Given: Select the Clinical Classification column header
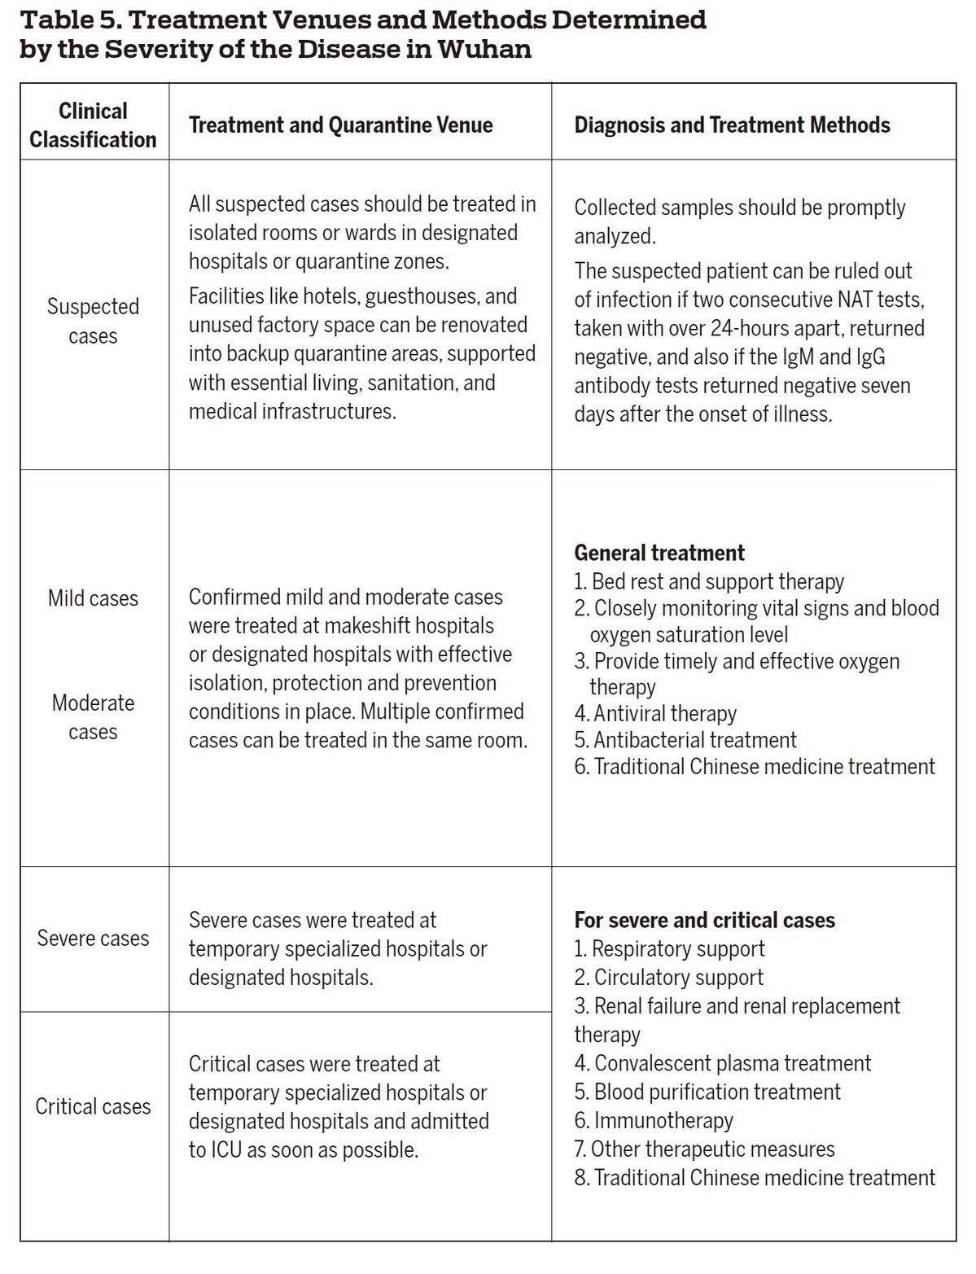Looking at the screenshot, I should [93, 125].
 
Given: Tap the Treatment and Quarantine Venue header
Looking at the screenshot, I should [340, 125].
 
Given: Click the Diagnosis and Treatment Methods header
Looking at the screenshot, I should [732, 125].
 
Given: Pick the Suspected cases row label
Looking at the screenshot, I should [93, 321].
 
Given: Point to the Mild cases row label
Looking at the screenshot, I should [93, 598].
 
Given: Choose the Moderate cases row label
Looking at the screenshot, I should [93, 717].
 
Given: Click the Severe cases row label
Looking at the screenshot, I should [93, 939].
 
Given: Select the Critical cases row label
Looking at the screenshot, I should [93, 1107].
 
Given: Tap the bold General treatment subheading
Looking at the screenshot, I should [659, 554].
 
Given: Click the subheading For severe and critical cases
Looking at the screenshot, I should [704, 921].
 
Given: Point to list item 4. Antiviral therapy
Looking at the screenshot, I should [655, 714].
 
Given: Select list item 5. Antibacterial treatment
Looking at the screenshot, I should [685, 740].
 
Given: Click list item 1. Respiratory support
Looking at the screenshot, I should [669, 949].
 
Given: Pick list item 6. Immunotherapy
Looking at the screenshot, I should [654, 1121].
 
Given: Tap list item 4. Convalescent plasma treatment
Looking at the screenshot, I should [722, 1064].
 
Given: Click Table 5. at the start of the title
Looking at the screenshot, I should [70, 20].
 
